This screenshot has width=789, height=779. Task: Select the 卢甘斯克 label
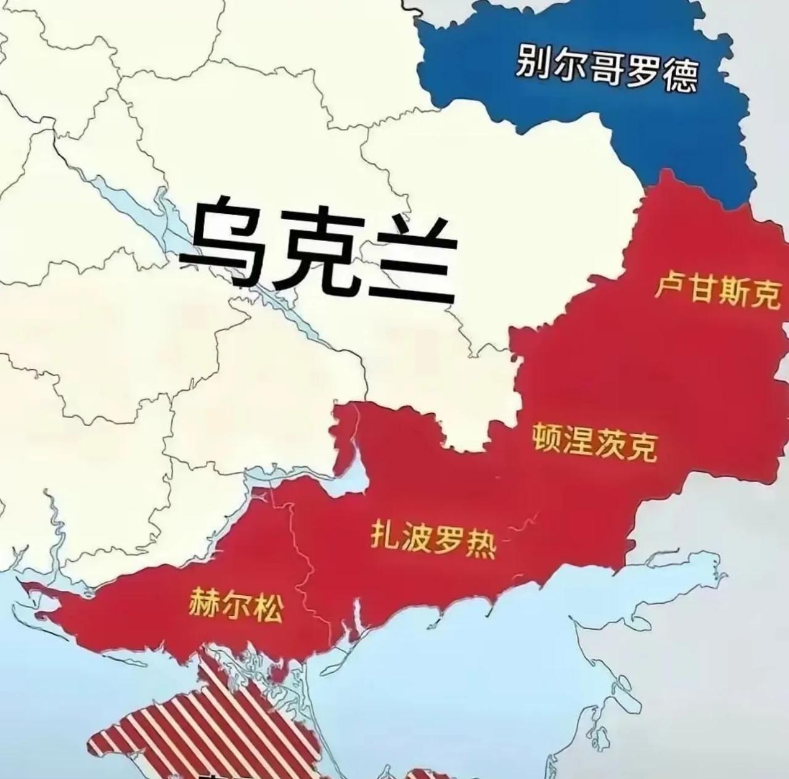coord(716,289)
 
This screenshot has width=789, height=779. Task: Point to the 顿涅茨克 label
coord(595,442)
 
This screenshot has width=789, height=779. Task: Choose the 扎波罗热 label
coord(433,537)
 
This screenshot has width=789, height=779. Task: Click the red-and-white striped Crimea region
coord(203,728)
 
